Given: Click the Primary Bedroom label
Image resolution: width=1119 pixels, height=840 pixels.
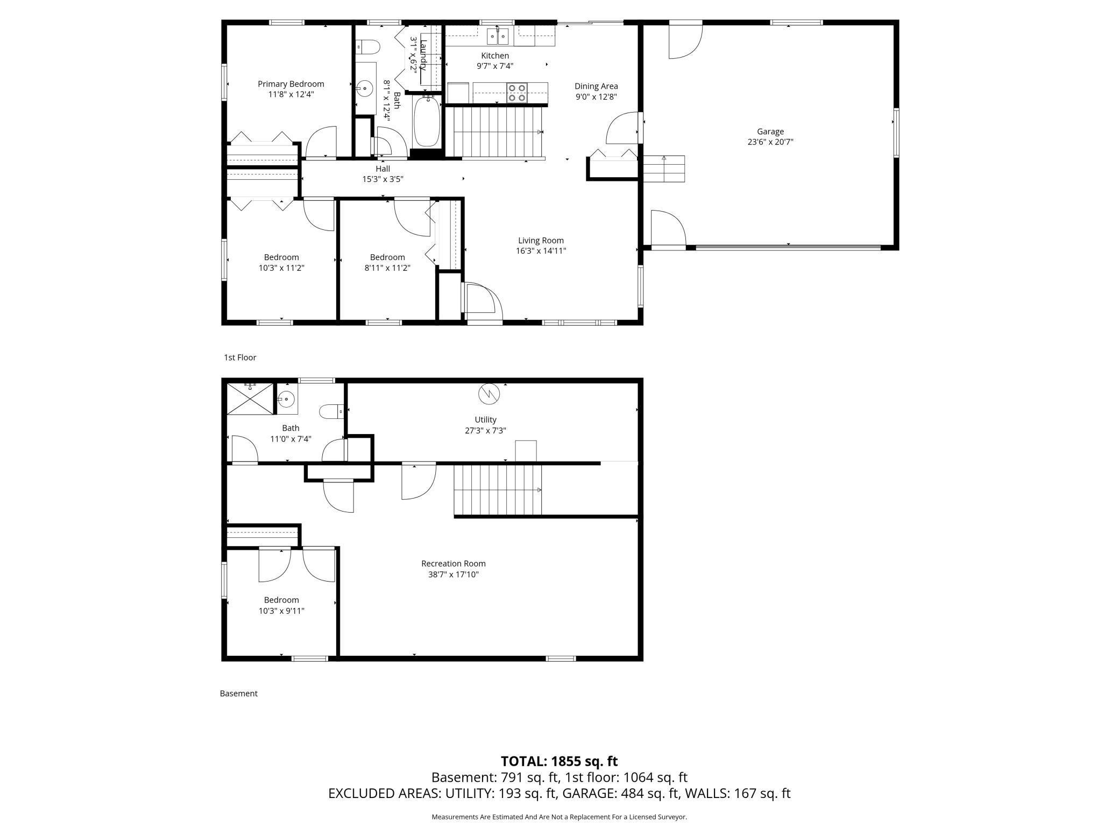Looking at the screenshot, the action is click(291, 84).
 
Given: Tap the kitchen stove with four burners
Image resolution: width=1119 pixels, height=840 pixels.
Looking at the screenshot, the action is click(518, 93).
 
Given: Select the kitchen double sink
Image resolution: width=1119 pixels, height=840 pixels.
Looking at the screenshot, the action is click(498, 36).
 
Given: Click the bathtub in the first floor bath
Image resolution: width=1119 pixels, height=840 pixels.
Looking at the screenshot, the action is click(427, 122).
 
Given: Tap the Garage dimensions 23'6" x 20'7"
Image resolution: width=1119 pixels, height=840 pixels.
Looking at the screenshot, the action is click(770, 142).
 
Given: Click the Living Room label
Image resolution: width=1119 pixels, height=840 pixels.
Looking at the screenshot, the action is click(541, 241).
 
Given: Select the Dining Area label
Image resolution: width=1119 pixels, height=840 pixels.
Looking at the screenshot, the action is click(596, 86).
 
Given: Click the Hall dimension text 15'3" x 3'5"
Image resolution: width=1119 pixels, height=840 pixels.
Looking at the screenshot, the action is click(383, 179).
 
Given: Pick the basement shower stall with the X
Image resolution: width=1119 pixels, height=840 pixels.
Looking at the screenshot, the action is click(250, 398).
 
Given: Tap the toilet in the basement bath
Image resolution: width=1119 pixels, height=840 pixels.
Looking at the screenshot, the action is click(332, 412).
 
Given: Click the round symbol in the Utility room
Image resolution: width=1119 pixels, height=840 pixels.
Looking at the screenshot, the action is click(489, 394).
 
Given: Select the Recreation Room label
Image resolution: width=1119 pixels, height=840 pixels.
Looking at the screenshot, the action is click(454, 564).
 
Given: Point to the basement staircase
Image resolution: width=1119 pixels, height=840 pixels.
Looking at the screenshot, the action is click(498, 490).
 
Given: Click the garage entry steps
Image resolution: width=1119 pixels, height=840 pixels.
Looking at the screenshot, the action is click(664, 169).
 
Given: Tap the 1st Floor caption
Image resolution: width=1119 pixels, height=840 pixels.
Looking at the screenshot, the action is click(240, 358).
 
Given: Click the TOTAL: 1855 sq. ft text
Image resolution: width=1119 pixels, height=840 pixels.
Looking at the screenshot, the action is click(559, 761).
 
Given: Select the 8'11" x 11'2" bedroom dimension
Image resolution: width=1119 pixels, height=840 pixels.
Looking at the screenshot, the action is click(387, 268).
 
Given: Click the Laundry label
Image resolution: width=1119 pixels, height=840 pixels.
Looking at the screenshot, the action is click(423, 55).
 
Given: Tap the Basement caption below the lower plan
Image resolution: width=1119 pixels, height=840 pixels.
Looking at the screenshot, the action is click(238, 694).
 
